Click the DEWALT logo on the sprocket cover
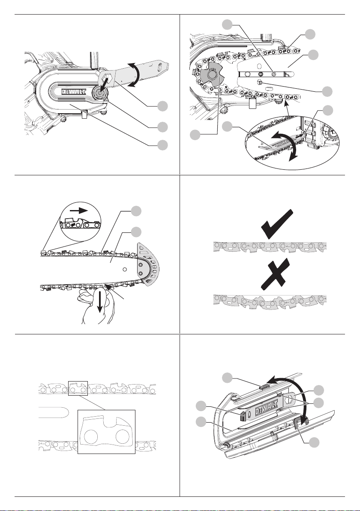(74, 92)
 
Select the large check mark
(278, 224)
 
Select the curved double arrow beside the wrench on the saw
(135, 75)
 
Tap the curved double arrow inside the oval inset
(287, 144)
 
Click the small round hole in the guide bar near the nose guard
(124, 270)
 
